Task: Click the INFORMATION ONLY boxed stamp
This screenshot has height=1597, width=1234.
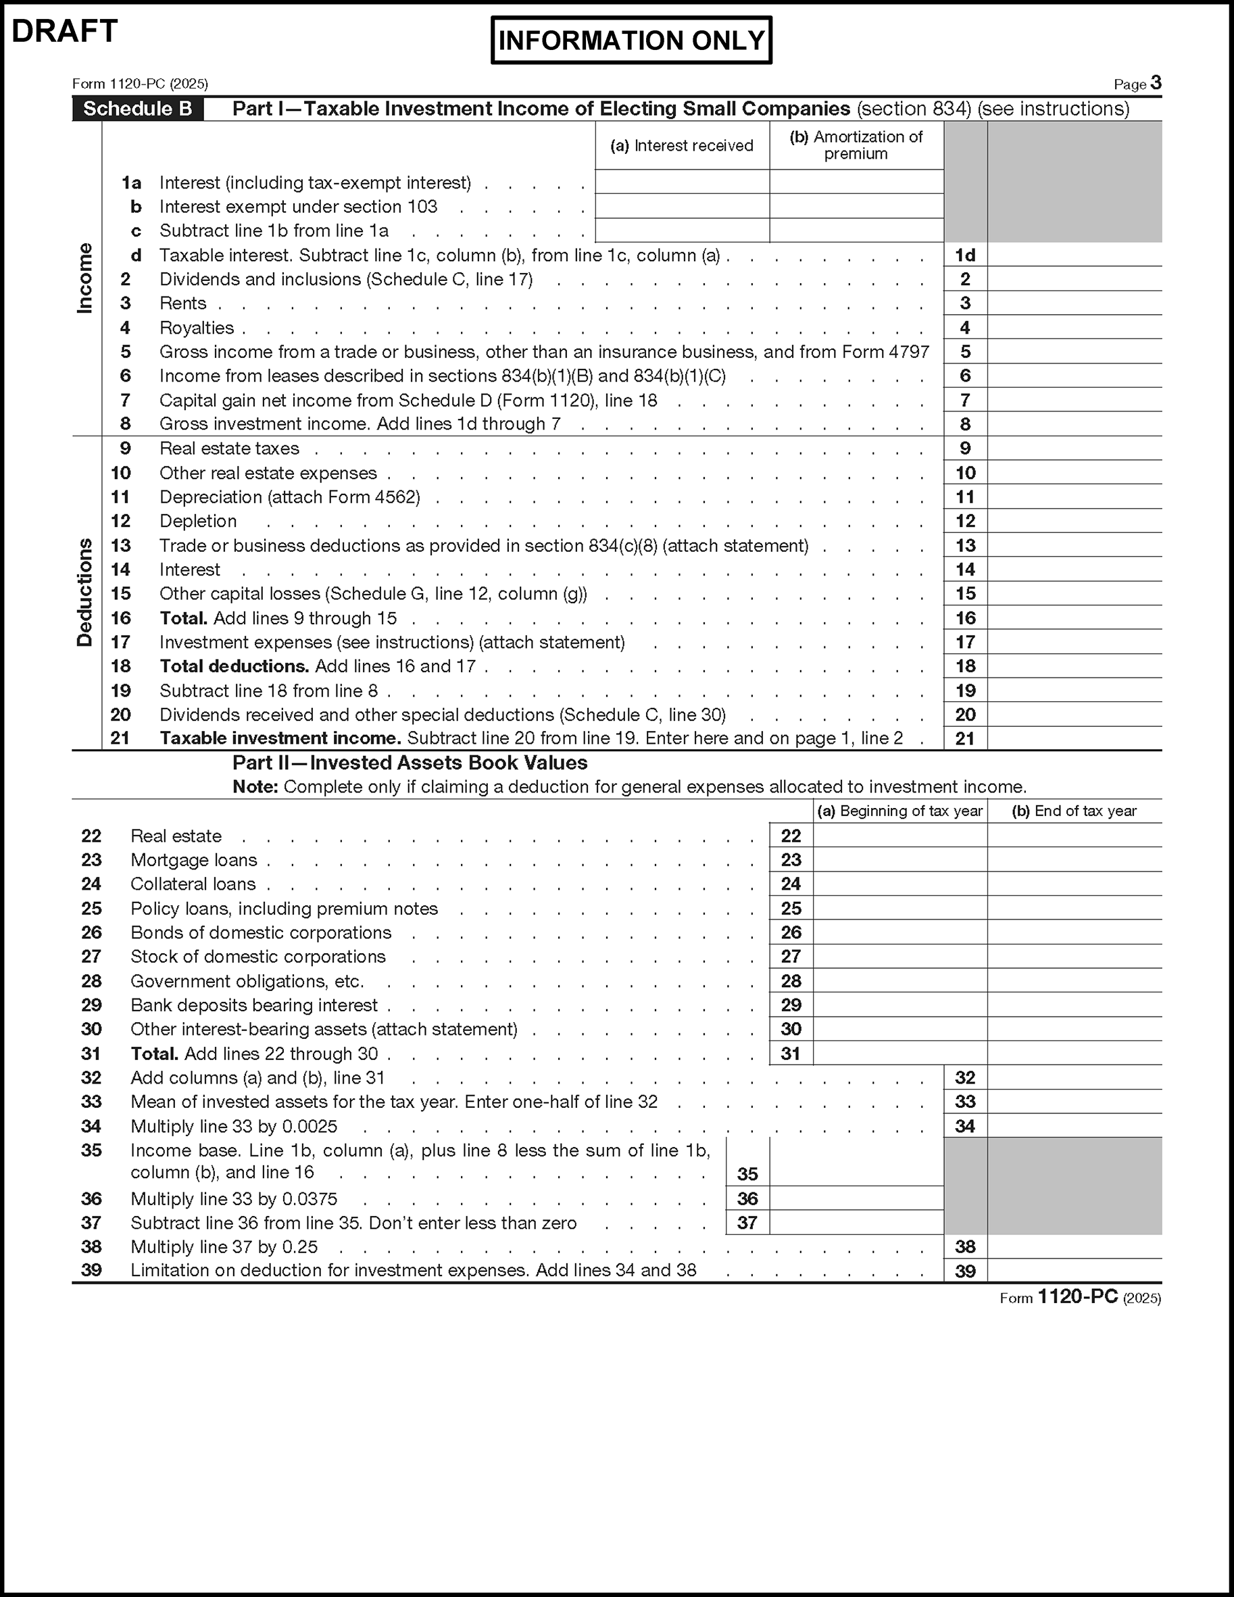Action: (631, 41)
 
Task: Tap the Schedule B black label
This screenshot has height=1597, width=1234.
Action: (137, 109)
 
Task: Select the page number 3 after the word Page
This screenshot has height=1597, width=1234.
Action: (1156, 82)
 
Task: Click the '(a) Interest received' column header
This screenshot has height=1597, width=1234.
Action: (682, 145)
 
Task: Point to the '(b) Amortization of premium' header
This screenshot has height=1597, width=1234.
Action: (856, 145)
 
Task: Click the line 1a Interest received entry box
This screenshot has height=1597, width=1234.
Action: (682, 182)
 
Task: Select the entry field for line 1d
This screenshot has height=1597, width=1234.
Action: (1074, 255)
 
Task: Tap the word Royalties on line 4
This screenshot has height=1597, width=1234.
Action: (197, 328)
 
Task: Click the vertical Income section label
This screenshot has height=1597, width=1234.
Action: (86, 278)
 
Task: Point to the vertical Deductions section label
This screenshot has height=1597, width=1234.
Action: (86, 592)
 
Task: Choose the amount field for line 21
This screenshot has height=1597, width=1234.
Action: (1074, 738)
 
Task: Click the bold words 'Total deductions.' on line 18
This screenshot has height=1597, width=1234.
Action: (235, 666)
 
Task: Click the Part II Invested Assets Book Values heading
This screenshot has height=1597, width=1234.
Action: (410, 763)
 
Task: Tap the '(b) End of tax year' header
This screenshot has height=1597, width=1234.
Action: (1074, 811)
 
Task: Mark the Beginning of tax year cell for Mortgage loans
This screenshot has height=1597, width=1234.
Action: (899, 860)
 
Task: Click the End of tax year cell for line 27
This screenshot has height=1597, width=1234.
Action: (1074, 957)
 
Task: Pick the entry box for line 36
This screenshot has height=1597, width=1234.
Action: (856, 1198)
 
